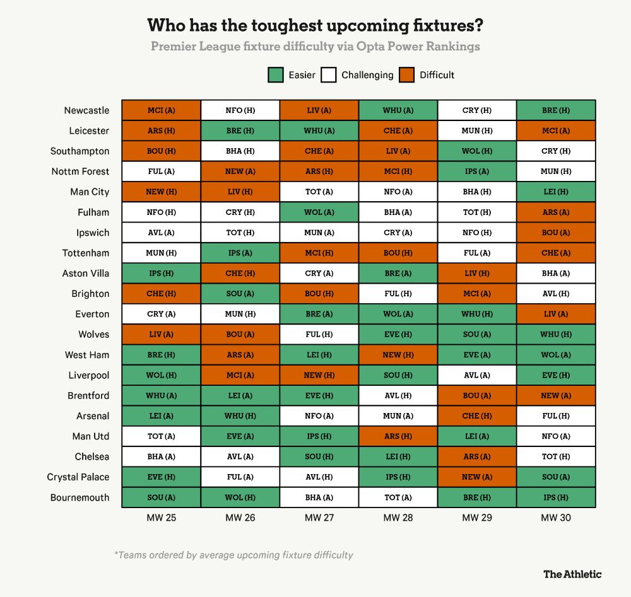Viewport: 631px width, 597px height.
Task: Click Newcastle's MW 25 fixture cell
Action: click(161, 110)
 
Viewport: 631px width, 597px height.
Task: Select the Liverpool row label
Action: click(89, 375)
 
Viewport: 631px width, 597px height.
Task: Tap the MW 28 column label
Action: click(398, 518)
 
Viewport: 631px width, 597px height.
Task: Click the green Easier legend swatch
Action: click(275, 75)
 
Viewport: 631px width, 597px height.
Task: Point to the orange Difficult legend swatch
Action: click(406, 75)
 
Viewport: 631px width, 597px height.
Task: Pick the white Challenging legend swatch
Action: click(328, 75)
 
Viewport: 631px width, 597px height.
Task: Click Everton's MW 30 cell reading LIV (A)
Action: click(555, 314)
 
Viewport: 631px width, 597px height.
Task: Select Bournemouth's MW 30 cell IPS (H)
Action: click(555, 497)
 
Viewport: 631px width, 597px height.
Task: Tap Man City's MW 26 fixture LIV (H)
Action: click(240, 192)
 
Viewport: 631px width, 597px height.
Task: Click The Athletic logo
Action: click(572, 574)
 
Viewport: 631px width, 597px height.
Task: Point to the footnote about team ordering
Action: click(233, 555)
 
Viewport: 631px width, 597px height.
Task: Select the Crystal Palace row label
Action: click(78, 477)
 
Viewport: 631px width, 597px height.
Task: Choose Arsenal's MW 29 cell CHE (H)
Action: click(476, 416)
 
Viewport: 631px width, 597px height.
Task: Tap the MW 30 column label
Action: click(556, 518)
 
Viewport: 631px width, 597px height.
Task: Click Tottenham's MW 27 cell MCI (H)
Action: click(319, 253)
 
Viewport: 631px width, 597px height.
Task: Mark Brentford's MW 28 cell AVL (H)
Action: click(398, 395)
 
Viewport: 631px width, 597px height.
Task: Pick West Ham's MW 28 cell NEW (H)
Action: click(398, 355)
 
